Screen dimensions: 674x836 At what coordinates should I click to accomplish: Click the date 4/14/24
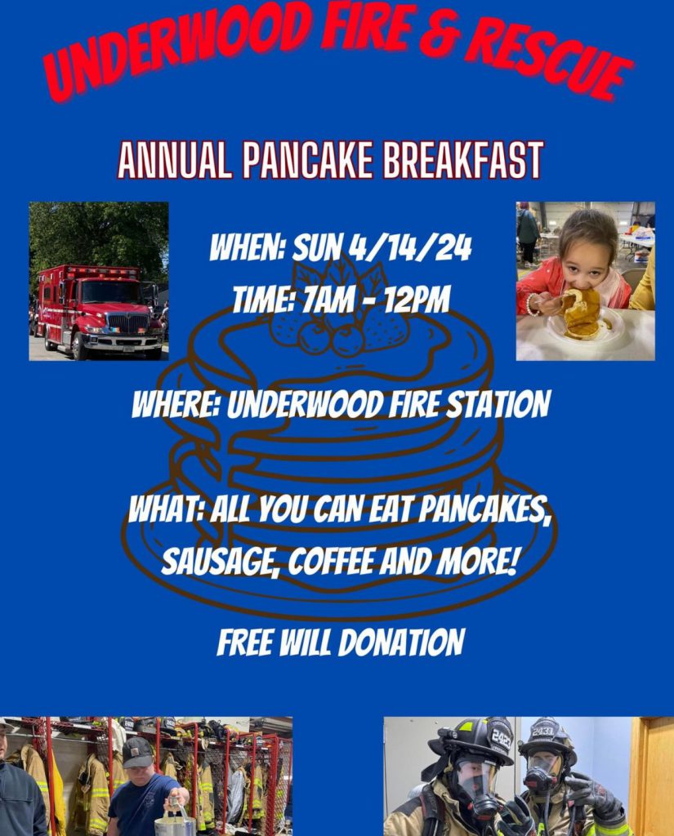click(x=410, y=248)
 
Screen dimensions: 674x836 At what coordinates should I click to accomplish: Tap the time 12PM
click(x=417, y=300)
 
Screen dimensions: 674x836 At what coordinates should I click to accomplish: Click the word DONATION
click(x=401, y=642)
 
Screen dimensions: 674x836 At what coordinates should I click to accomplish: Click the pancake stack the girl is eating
click(x=582, y=313)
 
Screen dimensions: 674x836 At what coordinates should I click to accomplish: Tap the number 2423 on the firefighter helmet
click(x=501, y=738)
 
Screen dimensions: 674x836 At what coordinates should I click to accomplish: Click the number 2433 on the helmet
click(x=542, y=730)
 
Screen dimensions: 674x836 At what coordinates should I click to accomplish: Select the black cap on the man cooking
click(x=138, y=752)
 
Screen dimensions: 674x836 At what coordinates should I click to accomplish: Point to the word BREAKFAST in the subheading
click(x=462, y=160)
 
